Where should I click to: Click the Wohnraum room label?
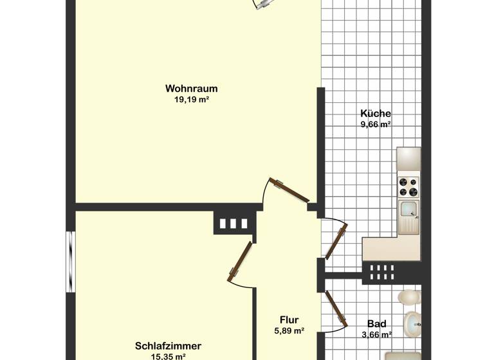click(191, 88)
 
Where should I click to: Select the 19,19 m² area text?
click(191, 100)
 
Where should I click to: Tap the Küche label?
click(376, 113)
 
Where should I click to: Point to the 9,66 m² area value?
click(376, 125)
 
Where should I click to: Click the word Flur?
click(289, 319)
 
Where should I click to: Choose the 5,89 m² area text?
click(289, 331)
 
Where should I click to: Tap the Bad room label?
click(376, 323)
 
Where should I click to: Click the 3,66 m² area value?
click(376, 334)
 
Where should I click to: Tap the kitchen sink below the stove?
click(408, 209)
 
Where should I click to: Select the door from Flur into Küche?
click(336, 241)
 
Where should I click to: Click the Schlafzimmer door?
click(239, 262)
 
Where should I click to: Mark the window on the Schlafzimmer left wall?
click(70, 262)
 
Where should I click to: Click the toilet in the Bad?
click(408, 297)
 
